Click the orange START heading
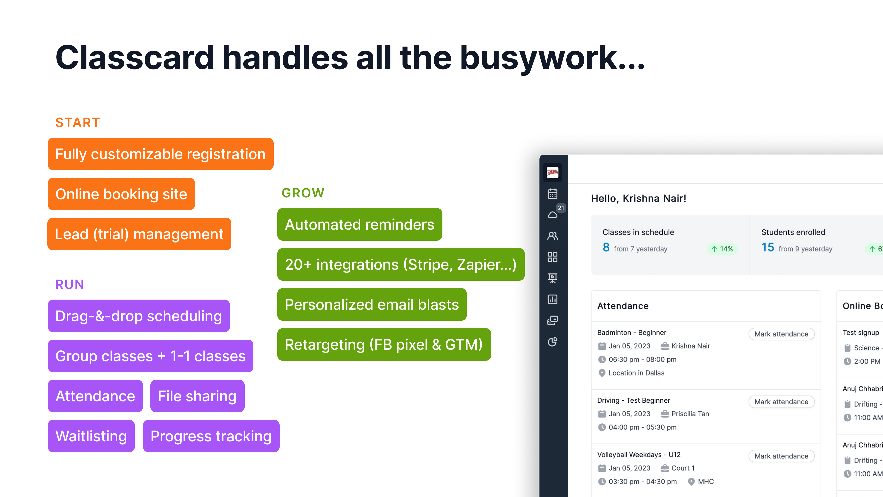pos(77,122)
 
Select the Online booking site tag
pos(121,194)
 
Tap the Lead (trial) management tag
pos(139,234)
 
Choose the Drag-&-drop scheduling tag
pos(139,316)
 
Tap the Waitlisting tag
pos(91,436)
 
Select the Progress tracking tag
pos(211,436)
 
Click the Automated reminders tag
pos(360,224)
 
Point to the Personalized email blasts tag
pos(372,305)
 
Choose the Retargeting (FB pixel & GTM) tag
pos(384,344)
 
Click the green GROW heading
pos(303,193)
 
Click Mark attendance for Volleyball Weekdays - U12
pos(781,456)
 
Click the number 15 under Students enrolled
pos(768,247)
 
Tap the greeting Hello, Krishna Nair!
pos(639,198)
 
